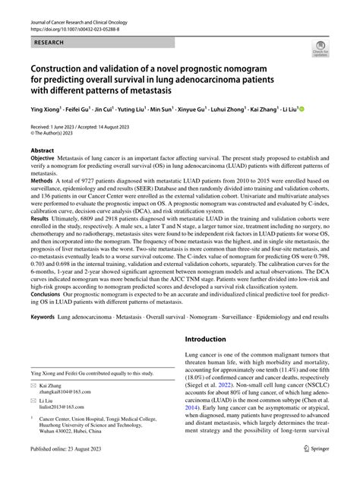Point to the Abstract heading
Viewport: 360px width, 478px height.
coord(42,151)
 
